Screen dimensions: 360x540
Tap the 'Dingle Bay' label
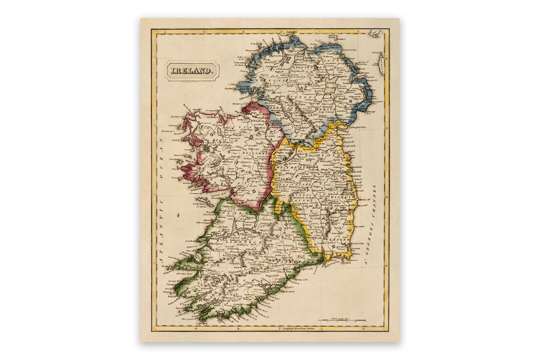point(170,274)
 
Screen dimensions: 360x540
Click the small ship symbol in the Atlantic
point(178,216)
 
